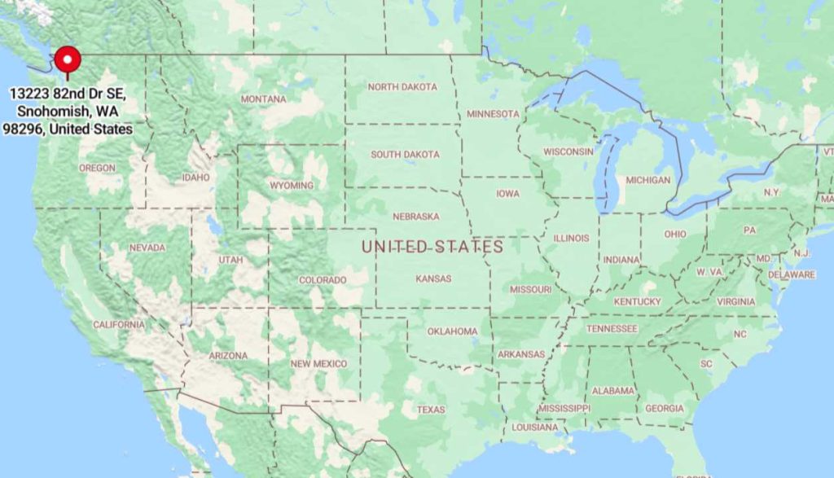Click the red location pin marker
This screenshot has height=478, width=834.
coord(67,59)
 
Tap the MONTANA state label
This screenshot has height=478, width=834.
coord(263,99)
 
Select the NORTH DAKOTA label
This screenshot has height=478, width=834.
coord(402,86)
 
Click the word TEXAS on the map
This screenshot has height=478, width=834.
coord(431,410)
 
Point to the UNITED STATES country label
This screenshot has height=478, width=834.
coord(432,246)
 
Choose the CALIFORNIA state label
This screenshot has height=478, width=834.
coord(119,324)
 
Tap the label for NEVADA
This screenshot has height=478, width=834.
coord(147,248)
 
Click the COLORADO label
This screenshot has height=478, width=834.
coord(323,280)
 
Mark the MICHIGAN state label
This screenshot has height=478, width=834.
coord(648,180)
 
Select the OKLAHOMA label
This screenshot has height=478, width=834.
coord(453,331)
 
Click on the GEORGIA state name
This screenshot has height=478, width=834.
coord(664,409)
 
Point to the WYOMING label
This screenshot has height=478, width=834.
coord(291,186)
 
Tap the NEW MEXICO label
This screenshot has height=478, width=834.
coord(318,363)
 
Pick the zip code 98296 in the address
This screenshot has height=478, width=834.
coord(23,129)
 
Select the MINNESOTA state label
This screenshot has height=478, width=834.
coord(493,113)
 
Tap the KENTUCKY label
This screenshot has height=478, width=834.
coord(637,302)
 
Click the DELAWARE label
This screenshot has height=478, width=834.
coord(791,274)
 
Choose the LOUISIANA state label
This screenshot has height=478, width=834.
coord(535,428)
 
